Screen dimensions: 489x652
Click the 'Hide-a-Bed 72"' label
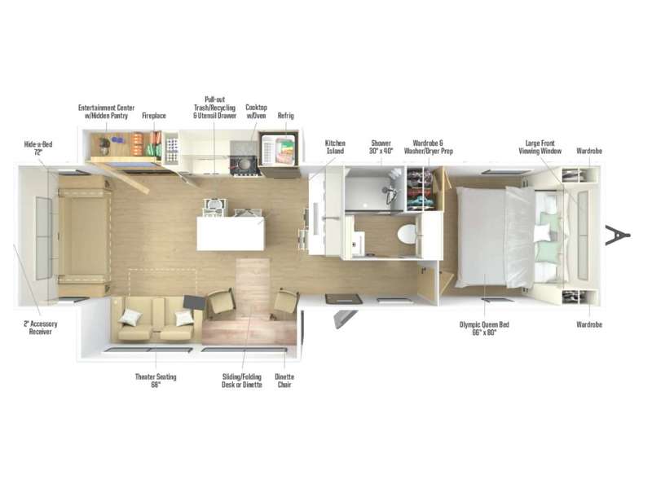(37, 148)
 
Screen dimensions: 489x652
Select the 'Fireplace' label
(154, 116)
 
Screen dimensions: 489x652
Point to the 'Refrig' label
(285, 116)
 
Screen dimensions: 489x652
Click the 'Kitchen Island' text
(335, 147)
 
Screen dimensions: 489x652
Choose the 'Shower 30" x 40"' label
(381, 147)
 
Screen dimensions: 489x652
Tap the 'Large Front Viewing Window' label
(541, 147)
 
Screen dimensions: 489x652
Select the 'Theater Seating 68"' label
(155, 381)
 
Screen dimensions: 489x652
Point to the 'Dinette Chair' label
(284, 381)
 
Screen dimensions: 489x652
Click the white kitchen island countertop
(231, 234)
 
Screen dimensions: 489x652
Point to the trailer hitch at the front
(617, 235)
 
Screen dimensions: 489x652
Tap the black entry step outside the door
(341, 299)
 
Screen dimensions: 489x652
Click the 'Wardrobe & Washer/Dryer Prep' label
(432, 147)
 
